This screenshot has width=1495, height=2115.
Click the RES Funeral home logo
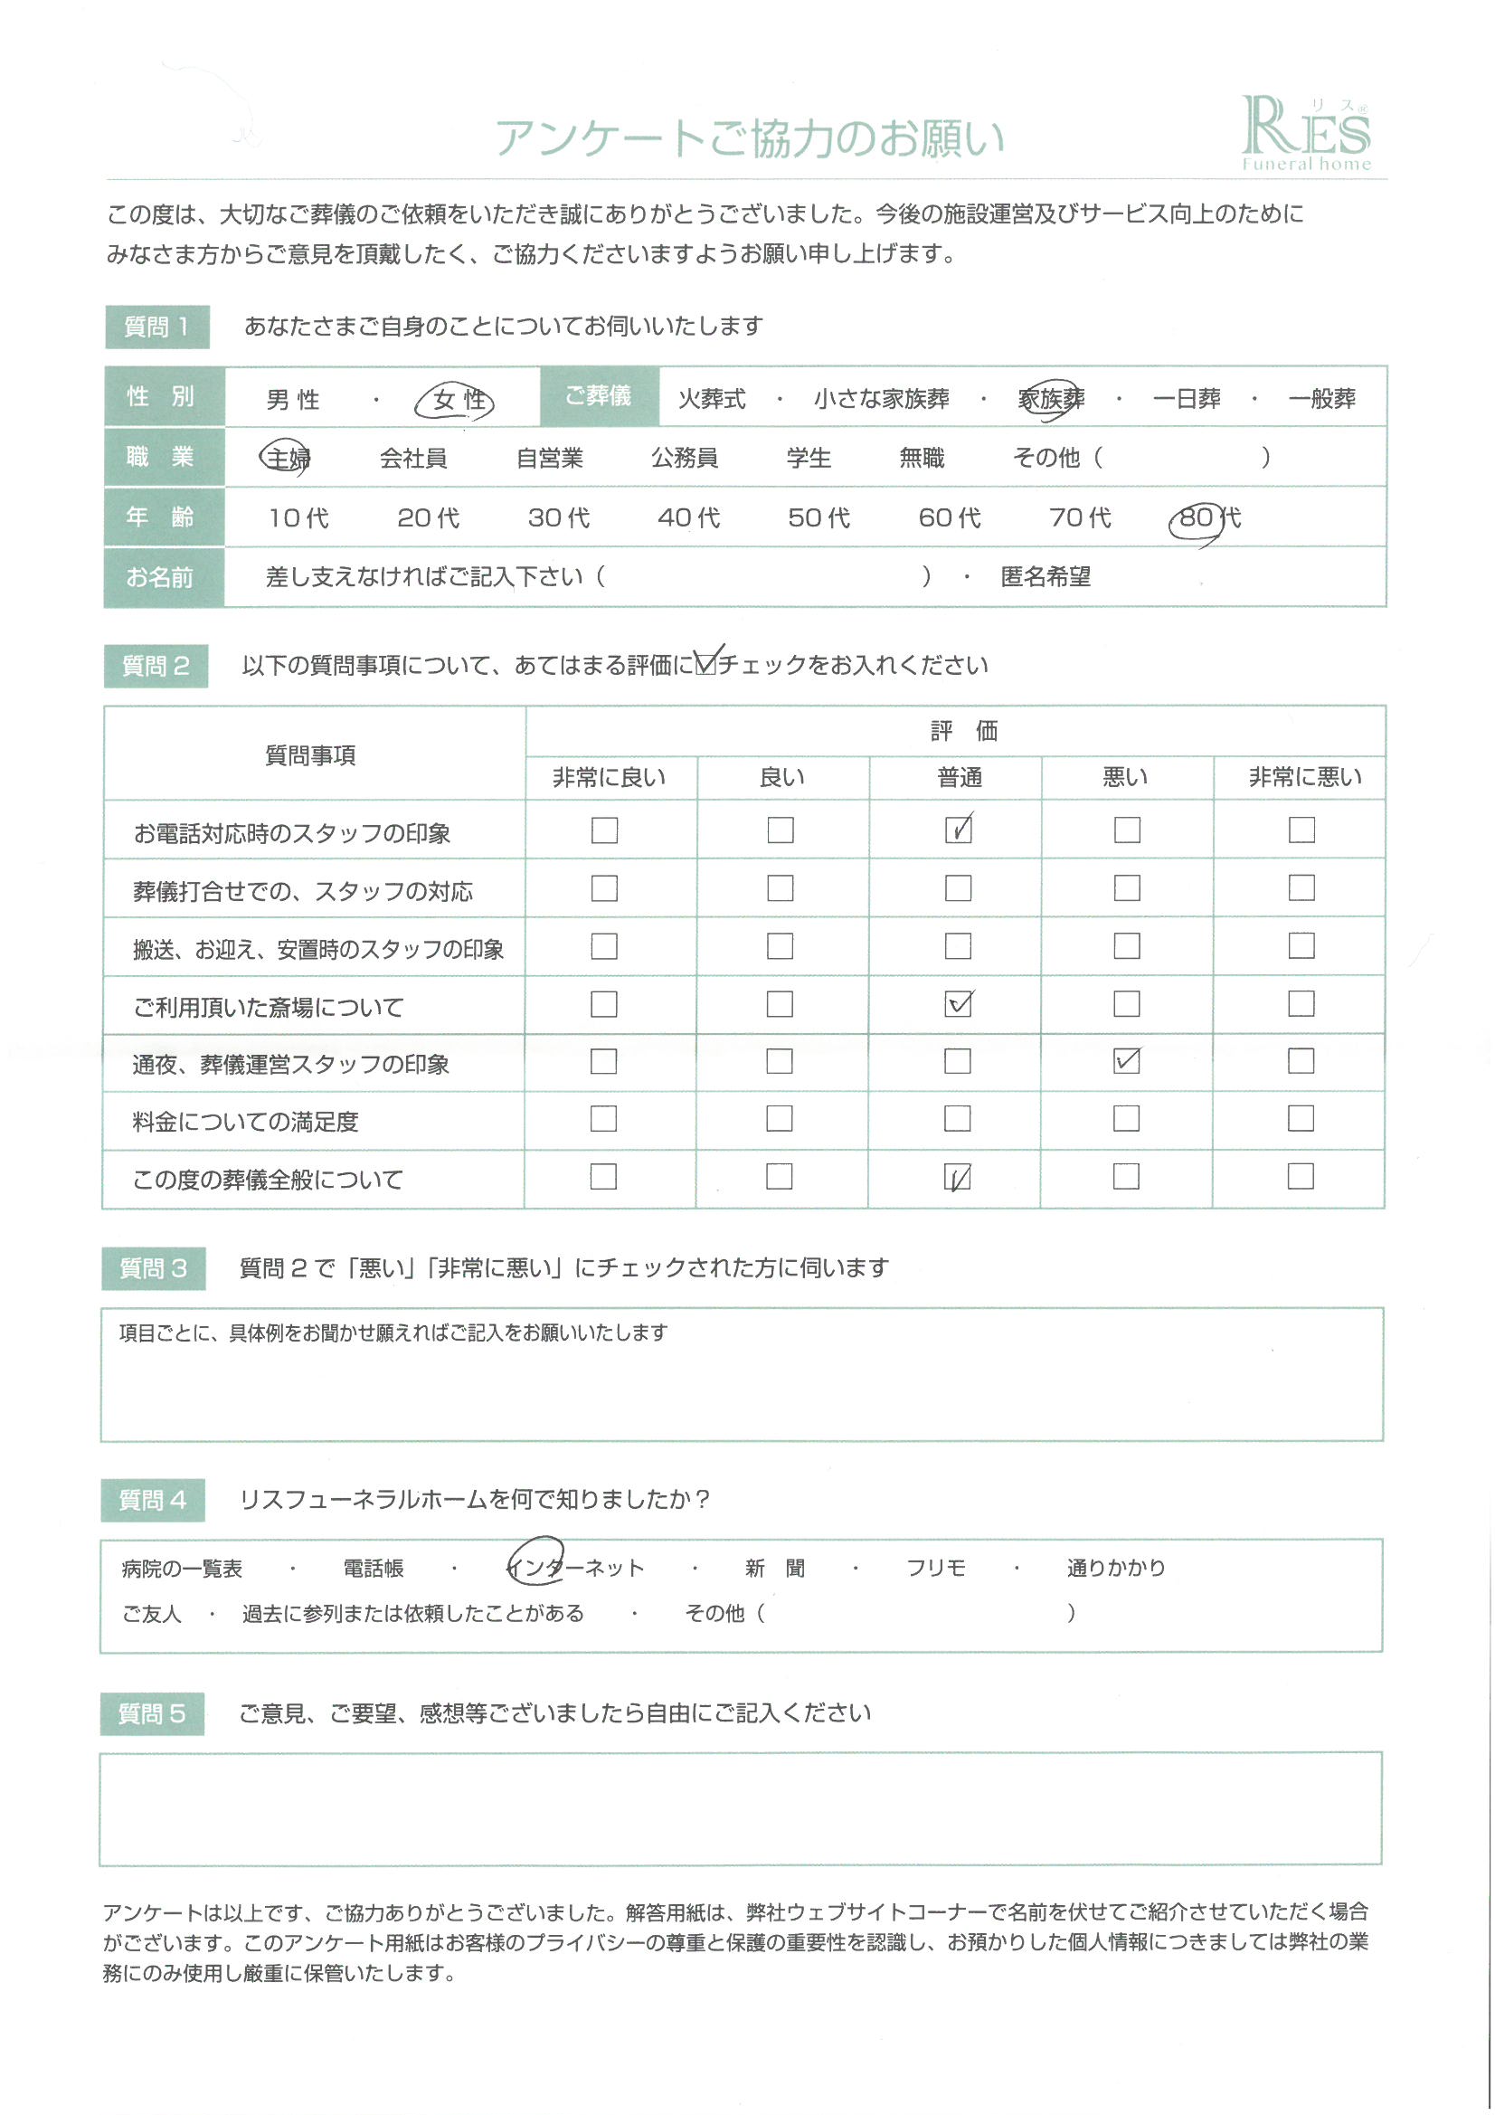pos(1305,134)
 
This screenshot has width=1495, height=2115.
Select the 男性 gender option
pos(293,400)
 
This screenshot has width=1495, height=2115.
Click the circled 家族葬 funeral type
pos(1050,400)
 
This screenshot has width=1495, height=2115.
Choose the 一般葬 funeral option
pos(1321,400)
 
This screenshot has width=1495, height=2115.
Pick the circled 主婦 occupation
pos(287,458)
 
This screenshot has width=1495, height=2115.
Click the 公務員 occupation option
pos(684,458)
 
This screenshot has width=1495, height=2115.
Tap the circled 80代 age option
pos(1207,517)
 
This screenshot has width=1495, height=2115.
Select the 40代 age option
pos(688,517)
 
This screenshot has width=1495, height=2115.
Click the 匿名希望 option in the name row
pos(1045,577)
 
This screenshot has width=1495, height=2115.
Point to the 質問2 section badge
pos(156,666)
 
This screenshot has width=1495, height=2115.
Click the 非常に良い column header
pos(609,778)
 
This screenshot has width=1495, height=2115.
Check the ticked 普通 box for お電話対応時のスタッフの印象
pos(958,830)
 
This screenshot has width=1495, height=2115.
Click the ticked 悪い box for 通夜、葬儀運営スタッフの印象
pos(1126,1061)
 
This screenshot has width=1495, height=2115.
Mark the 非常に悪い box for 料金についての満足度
pos(1300,1118)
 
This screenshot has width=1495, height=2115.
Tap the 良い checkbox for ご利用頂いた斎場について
pos(780,1004)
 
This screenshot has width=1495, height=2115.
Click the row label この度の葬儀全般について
pos(268,1180)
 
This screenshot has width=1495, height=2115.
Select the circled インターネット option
pos(577,1568)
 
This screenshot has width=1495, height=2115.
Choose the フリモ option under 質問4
pos(935,1568)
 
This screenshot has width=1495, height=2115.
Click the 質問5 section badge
pos(152,1714)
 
